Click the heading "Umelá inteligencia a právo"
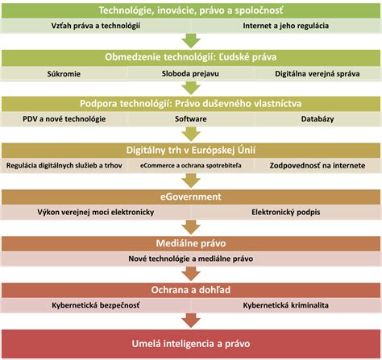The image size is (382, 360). point(191,344)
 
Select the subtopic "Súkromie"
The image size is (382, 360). point(64,74)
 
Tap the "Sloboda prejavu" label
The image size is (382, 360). point(190,73)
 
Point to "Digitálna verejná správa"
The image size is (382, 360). point(318,73)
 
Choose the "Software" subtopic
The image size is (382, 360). point(191,119)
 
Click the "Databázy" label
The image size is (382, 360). point(318,119)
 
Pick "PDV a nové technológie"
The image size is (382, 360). point(64,119)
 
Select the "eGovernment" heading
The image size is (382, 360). point(191,197)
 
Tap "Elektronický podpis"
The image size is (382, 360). point(286,212)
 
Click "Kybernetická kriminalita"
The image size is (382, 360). point(286,305)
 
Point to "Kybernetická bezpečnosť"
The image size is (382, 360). point(96,305)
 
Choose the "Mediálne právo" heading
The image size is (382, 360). point(191,243)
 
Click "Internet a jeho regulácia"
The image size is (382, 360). point(286,26)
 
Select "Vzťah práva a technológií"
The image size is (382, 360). point(96,26)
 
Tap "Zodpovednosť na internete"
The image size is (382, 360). point(318,165)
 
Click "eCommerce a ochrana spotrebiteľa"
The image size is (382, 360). point(191,165)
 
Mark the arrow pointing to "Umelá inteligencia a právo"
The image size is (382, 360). point(191,321)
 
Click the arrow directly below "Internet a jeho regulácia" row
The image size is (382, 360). point(191,41)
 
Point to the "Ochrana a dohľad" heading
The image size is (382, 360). point(191,290)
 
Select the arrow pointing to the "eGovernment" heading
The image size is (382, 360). point(191,180)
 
